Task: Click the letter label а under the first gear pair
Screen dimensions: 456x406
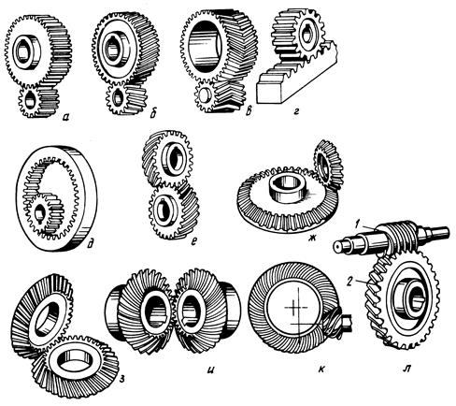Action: coord(65,117)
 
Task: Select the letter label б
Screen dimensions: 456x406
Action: coord(153,114)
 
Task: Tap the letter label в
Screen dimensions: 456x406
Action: coord(249,112)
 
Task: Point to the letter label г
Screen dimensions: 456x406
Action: coord(295,111)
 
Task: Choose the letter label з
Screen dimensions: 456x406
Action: coord(122,379)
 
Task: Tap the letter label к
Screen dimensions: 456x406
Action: coord(321,370)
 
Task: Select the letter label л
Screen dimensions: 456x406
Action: coord(406,370)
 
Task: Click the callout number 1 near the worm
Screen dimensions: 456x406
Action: coord(359,225)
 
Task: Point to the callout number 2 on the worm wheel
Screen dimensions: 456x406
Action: coord(349,283)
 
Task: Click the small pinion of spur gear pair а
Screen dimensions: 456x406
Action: coord(38,101)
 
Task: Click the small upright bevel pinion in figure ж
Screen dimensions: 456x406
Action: coord(328,165)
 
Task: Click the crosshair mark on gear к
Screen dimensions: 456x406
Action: coord(293,306)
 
